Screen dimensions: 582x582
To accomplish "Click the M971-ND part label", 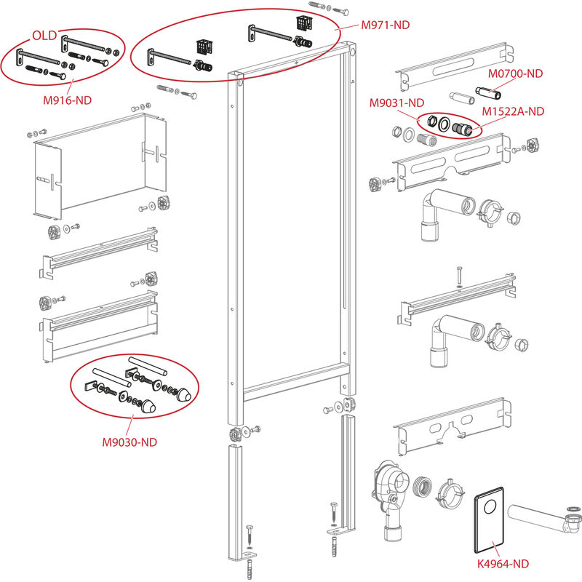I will [386, 25].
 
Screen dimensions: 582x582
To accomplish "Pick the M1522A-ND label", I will [514, 111].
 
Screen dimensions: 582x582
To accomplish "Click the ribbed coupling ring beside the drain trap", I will [423, 487].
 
